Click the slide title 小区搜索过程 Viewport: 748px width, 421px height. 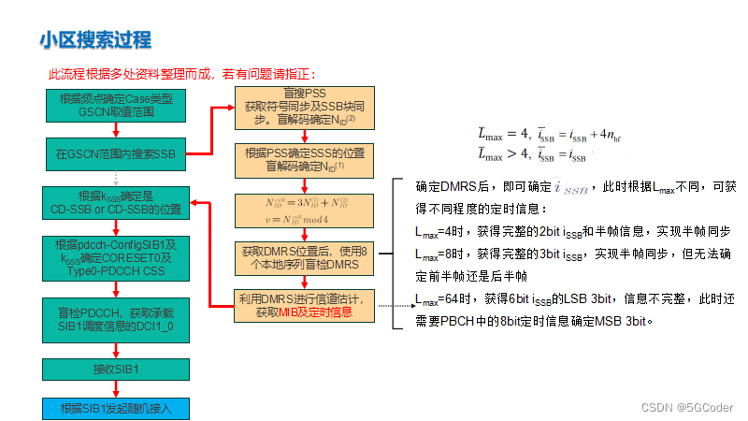coord(94,39)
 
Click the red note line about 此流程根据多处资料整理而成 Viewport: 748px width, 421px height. coord(182,74)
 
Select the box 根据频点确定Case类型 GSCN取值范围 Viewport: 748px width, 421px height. coord(116,105)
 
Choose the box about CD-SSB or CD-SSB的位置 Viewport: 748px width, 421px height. coord(116,202)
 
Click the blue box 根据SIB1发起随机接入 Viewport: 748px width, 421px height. coord(116,409)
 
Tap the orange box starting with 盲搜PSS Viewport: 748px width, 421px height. coord(304,107)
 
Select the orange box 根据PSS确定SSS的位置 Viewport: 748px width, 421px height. coord(304,159)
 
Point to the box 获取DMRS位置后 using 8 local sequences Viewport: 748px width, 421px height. coord(304,258)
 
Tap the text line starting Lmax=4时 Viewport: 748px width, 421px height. coord(572,230)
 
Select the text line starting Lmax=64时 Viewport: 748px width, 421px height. coord(574,298)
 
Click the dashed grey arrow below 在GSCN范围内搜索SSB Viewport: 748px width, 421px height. coord(116,177)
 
